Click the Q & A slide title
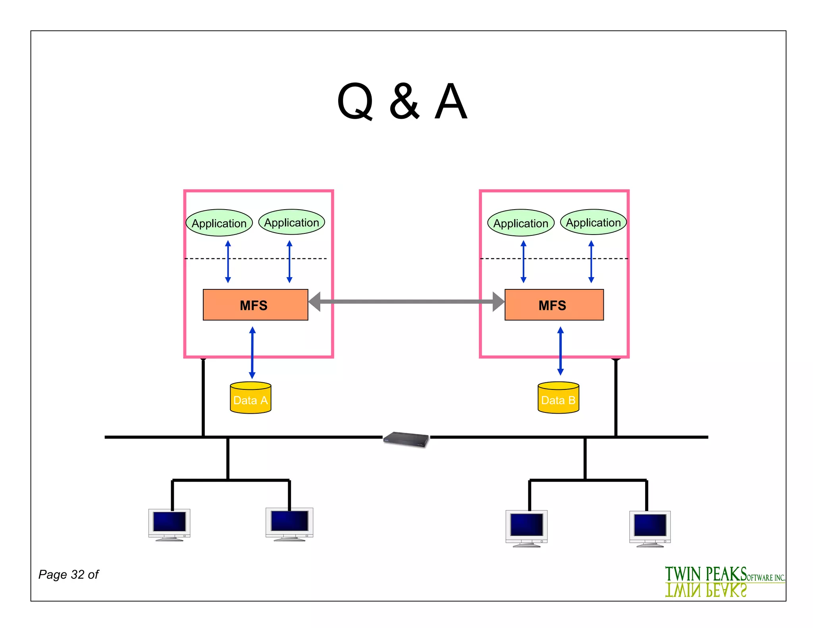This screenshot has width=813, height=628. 402,102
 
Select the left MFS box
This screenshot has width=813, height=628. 255,305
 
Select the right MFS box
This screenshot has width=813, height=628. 554,305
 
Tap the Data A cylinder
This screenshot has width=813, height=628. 250,398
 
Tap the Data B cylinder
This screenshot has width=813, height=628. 558,398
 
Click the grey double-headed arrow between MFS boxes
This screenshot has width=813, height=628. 406,302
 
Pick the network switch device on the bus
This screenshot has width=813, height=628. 406,439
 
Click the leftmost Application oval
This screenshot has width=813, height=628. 219,223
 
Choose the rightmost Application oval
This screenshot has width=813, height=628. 593,222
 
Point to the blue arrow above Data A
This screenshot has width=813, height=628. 252,353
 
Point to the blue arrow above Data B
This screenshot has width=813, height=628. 560,351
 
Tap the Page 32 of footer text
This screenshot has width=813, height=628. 68,574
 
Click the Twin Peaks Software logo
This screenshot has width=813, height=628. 724,582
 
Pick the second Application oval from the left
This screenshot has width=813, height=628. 291,222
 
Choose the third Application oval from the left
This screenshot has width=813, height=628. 521,223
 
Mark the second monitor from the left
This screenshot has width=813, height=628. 289,523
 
